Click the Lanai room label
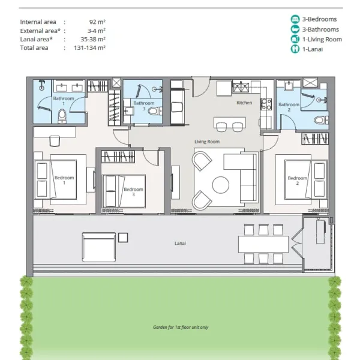180,243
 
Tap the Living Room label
207,142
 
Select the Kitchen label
244,103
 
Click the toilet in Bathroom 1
62,116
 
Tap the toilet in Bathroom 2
321,120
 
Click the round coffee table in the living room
221,185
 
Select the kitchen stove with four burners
266,104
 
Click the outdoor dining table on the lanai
263,244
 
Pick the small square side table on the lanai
123,238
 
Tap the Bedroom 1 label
64,180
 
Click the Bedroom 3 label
133,192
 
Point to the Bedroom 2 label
298,181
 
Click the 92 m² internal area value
97,22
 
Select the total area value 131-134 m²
89,48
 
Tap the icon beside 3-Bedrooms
295,19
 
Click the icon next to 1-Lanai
295,49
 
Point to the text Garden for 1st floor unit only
181,327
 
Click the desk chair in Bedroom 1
55,141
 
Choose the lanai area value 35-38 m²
93,39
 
